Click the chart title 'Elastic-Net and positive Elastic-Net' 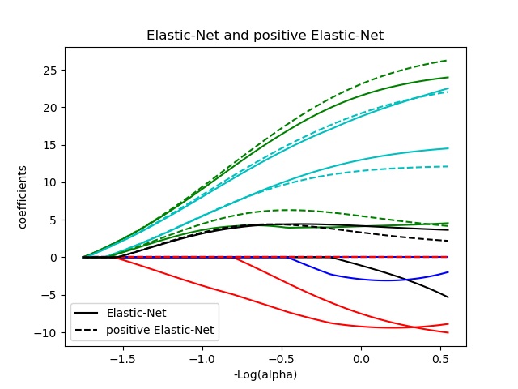265,36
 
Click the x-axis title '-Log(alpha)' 265,374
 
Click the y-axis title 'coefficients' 23,197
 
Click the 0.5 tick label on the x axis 441,358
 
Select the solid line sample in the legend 87,313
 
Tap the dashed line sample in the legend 87,330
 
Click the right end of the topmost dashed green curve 448,60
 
